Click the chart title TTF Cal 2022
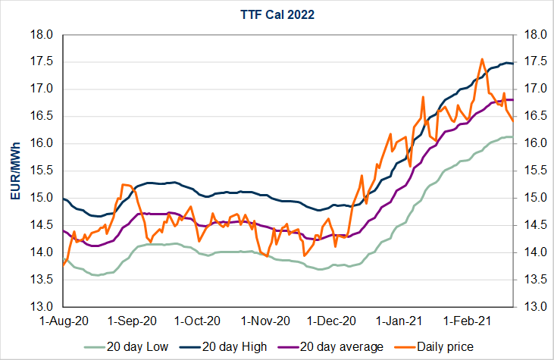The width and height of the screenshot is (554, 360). (277, 13)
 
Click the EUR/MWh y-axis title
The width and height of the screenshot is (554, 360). (14, 171)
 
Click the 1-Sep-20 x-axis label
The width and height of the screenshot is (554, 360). (132, 321)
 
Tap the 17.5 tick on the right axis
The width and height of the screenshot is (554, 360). (531, 62)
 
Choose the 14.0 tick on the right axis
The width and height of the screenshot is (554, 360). (531, 252)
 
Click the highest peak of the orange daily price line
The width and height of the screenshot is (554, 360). (482, 59)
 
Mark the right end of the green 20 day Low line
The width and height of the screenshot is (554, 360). (513, 136)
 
